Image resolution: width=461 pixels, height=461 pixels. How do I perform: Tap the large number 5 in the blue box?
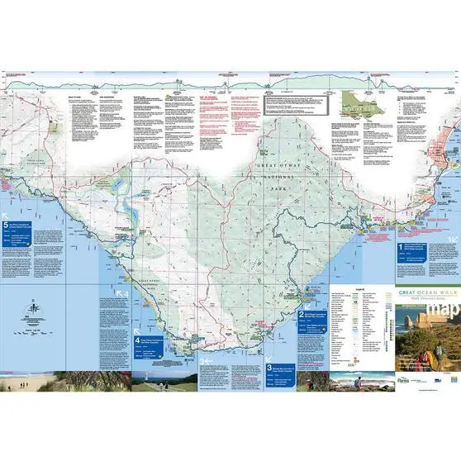(7, 223)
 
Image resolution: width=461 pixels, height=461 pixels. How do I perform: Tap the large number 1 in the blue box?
(402, 246)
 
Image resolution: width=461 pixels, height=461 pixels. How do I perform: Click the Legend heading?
(359, 290)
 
